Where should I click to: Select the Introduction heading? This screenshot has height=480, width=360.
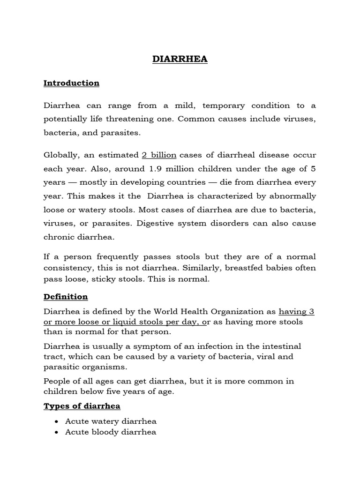click(x=71, y=83)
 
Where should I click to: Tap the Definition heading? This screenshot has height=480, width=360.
click(x=66, y=297)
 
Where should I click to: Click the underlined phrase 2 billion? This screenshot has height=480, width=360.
click(x=159, y=155)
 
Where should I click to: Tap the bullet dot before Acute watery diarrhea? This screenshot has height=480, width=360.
click(x=56, y=421)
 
